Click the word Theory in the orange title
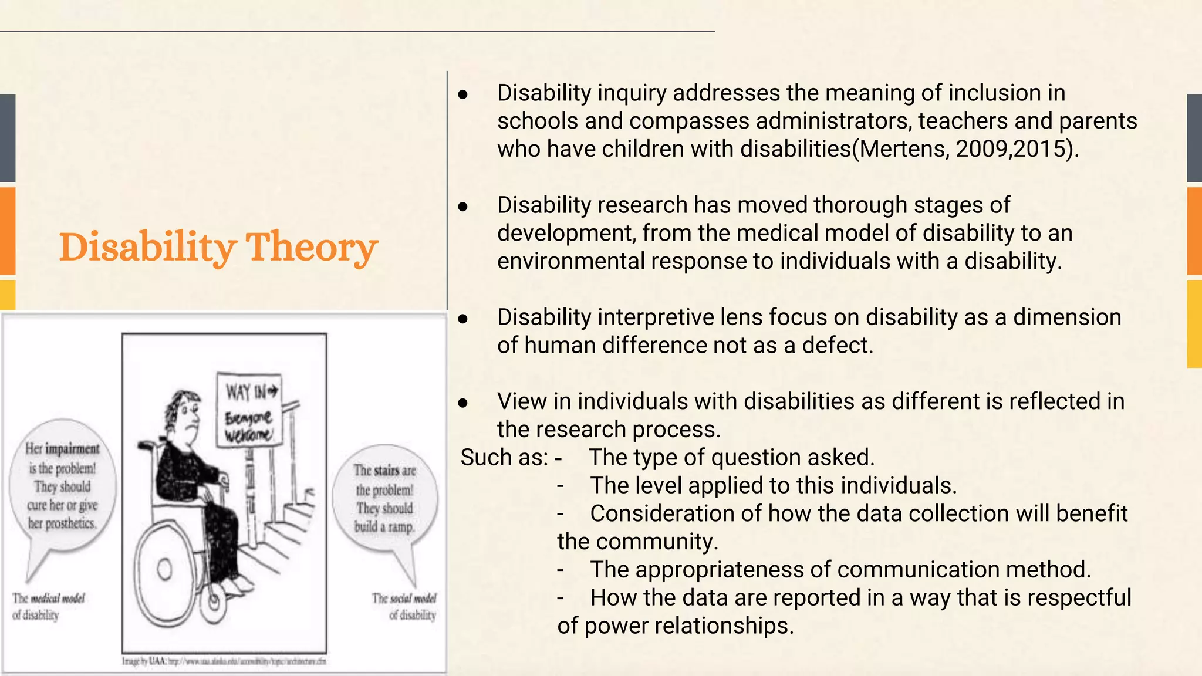point(311,246)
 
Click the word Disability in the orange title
point(147,246)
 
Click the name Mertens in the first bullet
point(901,149)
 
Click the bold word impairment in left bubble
point(72,449)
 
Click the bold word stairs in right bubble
point(387,470)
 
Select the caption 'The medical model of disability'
point(48,606)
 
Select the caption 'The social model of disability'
point(405,606)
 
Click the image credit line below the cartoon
point(224,661)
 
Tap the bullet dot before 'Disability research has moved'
point(463,207)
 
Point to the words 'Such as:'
point(504,458)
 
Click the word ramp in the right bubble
point(400,527)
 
